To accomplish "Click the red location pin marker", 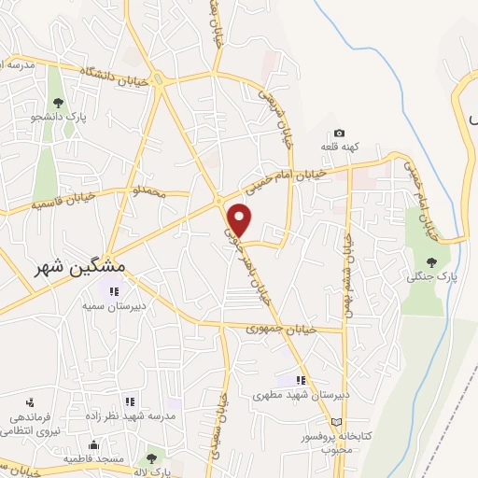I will pos(241,218).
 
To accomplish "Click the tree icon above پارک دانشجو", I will pos(58,104).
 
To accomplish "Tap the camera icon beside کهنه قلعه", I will pos(339,134).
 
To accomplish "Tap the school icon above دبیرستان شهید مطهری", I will pos(301,380).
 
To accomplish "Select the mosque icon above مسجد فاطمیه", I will pos(92,444).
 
